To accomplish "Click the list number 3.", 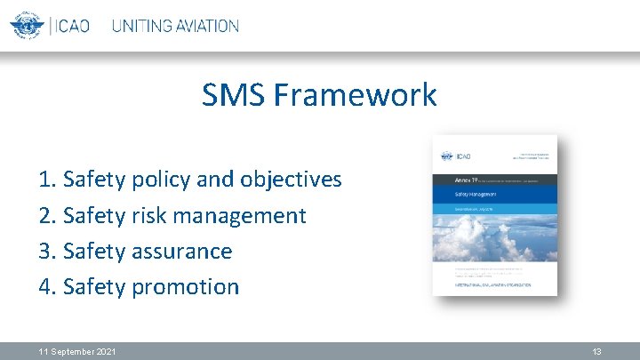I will click(x=45, y=251).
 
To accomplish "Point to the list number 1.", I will click(x=45, y=180).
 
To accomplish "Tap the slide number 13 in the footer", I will click(x=597, y=352).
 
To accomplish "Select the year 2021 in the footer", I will click(x=105, y=352).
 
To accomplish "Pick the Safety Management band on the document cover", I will click(x=494, y=193).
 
